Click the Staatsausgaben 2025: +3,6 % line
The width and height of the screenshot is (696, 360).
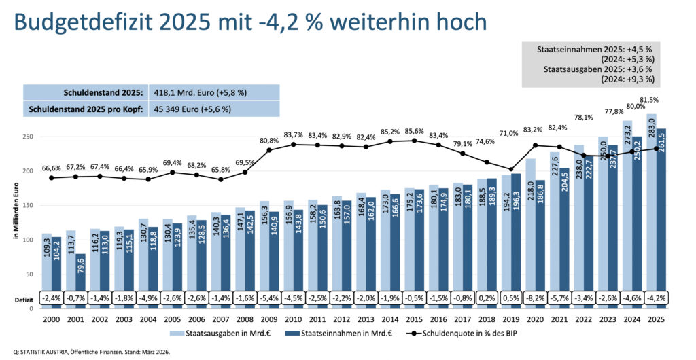tap(597, 69)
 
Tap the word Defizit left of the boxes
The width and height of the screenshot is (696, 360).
tap(25, 299)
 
